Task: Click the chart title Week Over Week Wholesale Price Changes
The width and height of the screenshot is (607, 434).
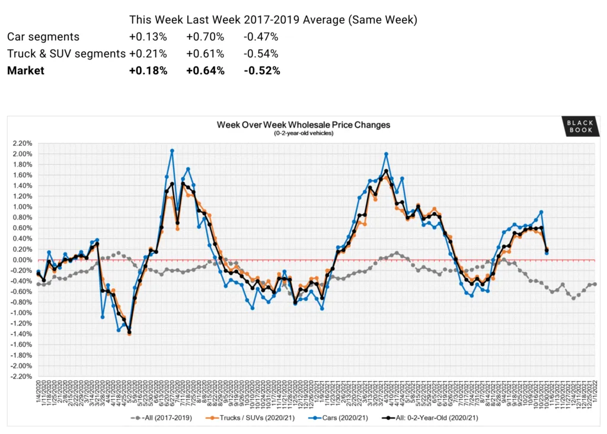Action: pos(303,125)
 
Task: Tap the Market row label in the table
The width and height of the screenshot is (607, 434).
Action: pos(25,71)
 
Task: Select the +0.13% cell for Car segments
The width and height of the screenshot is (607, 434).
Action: pos(148,37)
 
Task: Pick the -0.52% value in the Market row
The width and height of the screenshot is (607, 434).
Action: pos(262,71)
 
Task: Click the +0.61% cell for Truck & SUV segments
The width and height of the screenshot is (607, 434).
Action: pos(205,54)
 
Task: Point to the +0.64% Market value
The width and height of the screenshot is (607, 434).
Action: pos(205,71)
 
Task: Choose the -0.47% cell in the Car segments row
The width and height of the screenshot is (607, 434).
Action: pos(261,37)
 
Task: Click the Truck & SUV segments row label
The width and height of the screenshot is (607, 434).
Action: pos(66,54)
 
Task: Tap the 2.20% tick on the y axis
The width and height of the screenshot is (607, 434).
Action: pos(21,143)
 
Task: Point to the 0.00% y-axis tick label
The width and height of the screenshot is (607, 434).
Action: pos(21,260)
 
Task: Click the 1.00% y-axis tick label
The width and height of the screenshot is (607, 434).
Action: pos(21,207)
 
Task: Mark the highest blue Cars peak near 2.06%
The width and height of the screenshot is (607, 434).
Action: pos(172,151)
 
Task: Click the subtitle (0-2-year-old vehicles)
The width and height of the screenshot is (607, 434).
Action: pos(303,133)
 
